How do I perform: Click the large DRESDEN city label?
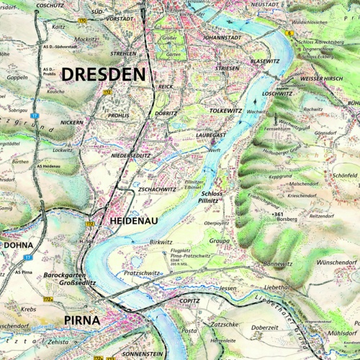click(x=103, y=73)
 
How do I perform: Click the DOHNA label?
click(x=18, y=246)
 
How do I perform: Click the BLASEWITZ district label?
click(x=264, y=62)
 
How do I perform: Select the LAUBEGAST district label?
click(x=211, y=134)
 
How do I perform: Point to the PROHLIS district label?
click(x=117, y=114)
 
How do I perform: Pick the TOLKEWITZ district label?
click(x=225, y=112)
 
